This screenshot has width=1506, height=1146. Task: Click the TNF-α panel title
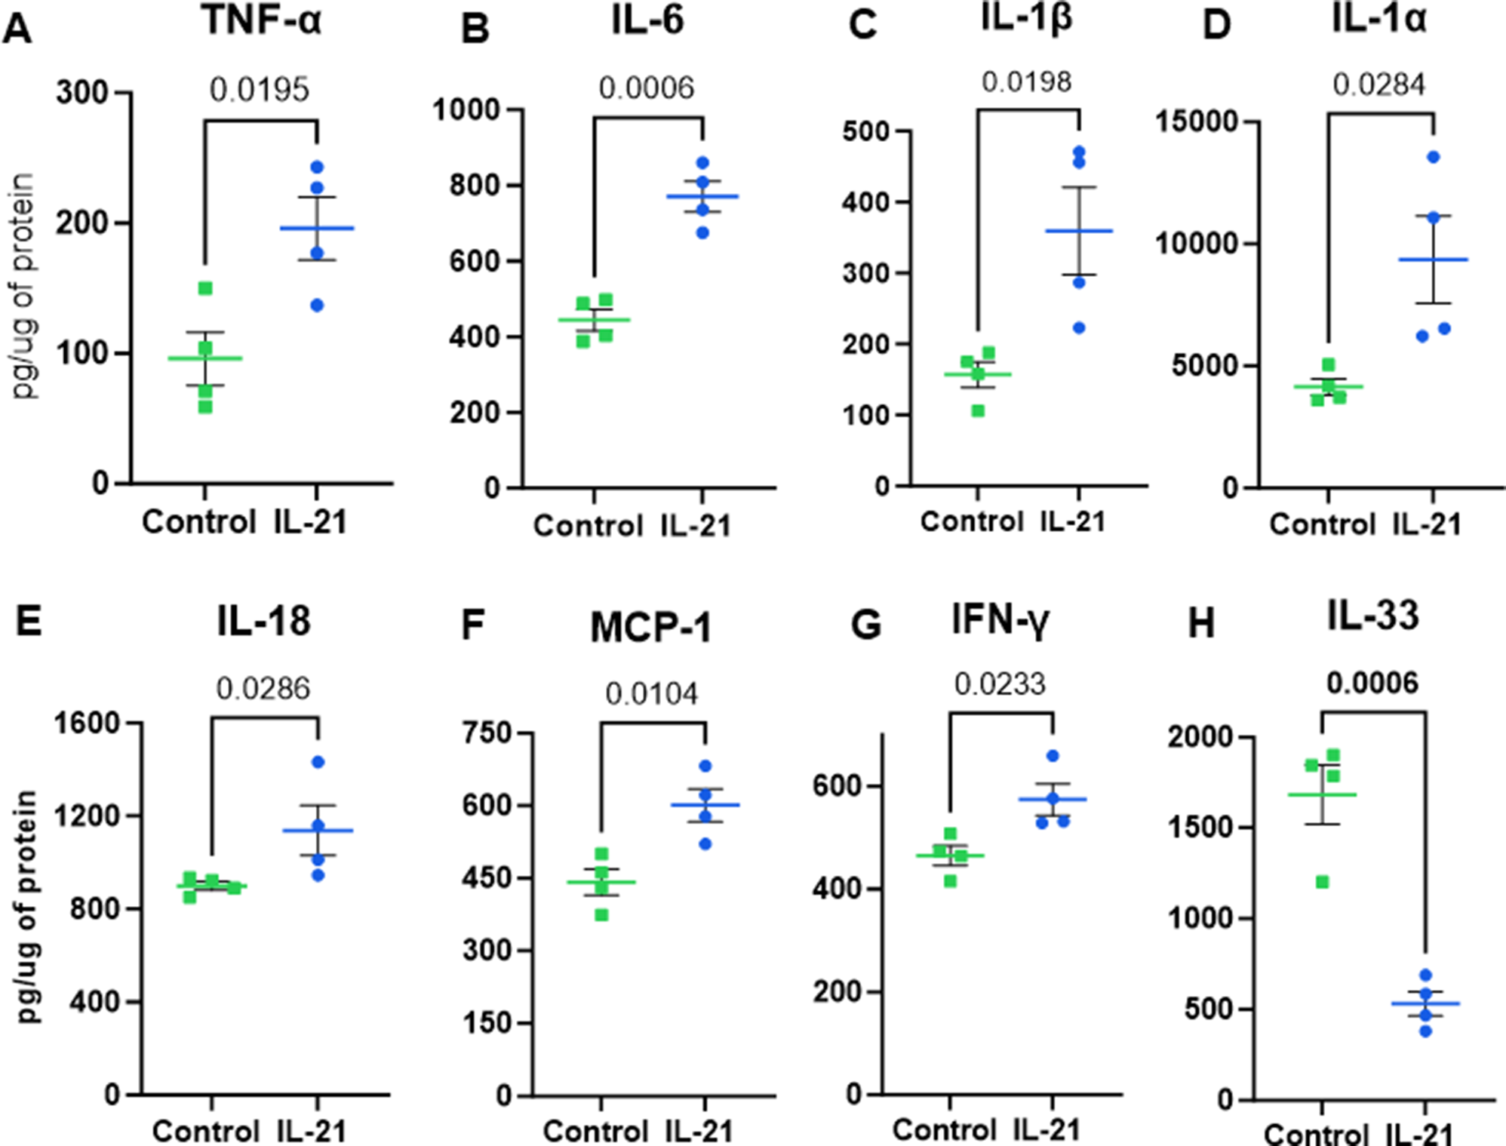[x=262, y=20]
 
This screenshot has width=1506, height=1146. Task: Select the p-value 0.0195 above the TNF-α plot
[x=259, y=90]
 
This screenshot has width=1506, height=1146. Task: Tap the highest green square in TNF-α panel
[x=205, y=288]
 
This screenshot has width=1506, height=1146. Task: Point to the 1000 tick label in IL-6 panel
[x=466, y=110]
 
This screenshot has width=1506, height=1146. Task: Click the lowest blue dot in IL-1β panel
[x=1079, y=328]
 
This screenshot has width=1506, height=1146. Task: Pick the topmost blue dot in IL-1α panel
[x=1434, y=157]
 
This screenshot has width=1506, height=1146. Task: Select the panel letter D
[x=1216, y=26]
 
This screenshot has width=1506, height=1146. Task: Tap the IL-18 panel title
[x=263, y=621]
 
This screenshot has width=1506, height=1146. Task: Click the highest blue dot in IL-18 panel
[x=318, y=762]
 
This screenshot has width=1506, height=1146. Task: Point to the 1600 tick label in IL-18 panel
[x=88, y=723]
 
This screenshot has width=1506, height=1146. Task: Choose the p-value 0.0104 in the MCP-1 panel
[x=651, y=694]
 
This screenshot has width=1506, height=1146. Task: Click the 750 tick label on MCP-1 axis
[x=487, y=733]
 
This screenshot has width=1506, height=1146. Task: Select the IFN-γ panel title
[x=1000, y=620]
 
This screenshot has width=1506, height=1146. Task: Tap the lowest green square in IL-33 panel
[x=1323, y=882]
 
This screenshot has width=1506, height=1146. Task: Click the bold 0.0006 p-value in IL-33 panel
[x=1372, y=684]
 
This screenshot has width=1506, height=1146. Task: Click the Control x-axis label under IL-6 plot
[x=588, y=526]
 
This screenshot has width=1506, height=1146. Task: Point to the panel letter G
[x=865, y=625]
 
